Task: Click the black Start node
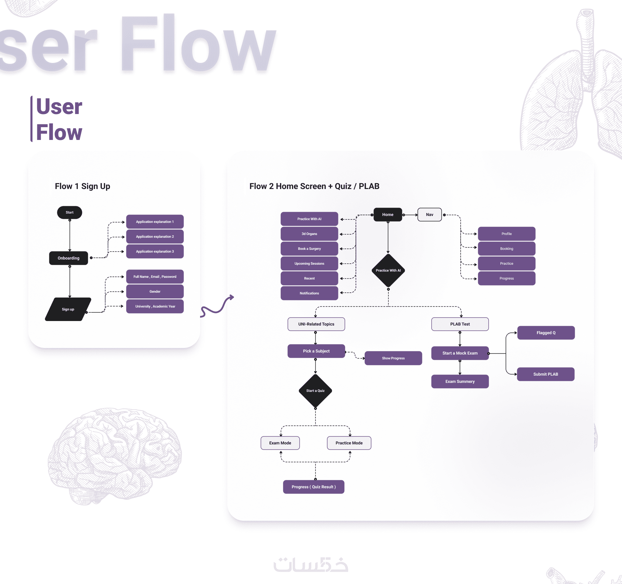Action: (x=69, y=213)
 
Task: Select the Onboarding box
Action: (x=68, y=258)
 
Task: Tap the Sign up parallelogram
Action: (x=68, y=309)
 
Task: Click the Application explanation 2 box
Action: (x=155, y=237)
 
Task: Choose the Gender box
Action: (x=155, y=292)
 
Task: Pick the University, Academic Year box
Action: (x=155, y=307)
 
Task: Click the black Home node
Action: (x=388, y=215)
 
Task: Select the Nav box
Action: (x=430, y=215)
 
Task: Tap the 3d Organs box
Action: (x=309, y=234)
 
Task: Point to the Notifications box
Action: (x=309, y=293)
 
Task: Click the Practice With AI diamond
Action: (x=388, y=271)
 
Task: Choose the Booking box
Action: (x=507, y=249)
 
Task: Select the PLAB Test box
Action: (x=460, y=324)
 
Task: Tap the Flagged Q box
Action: (x=546, y=333)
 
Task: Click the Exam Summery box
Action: (x=460, y=382)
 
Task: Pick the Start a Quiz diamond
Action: (x=315, y=391)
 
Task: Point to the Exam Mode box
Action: (x=280, y=443)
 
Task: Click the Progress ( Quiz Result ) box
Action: (x=314, y=487)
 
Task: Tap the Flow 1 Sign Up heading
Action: (x=83, y=186)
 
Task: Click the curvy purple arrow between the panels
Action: (x=217, y=306)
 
